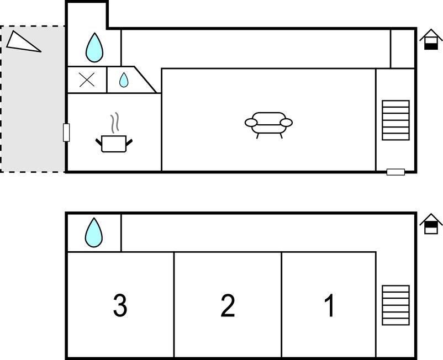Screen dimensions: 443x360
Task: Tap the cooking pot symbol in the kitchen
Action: click(x=114, y=144)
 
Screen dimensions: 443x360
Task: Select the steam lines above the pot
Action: click(x=115, y=123)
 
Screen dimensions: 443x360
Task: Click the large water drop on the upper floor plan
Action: click(x=94, y=47)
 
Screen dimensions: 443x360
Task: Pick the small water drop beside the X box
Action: click(x=124, y=80)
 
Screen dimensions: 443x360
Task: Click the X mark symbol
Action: click(x=87, y=80)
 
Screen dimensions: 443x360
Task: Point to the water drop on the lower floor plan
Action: click(x=94, y=232)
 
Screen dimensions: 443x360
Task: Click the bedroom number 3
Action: click(x=120, y=305)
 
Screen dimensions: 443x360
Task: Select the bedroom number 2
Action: click(x=228, y=305)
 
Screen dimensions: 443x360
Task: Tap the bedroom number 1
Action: click(x=329, y=305)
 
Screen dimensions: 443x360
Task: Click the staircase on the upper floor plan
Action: click(x=395, y=120)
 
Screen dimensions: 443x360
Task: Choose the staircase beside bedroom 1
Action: click(x=395, y=305)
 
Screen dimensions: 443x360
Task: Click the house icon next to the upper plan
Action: click(x=431, y=39)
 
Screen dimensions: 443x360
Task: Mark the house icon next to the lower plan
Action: click(x=431, y=224)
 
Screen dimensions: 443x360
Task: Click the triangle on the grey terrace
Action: click(x=23, y=43)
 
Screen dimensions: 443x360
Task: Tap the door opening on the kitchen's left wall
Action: click(x=66, y=133)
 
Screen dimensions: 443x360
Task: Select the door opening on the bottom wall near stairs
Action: click(x=395, y=172)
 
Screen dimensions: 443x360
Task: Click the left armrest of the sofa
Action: click(x=251, y=123)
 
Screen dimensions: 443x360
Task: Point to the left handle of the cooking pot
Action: click(x=99, y=142)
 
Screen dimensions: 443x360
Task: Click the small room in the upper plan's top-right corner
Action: click(x=403, y=49)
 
